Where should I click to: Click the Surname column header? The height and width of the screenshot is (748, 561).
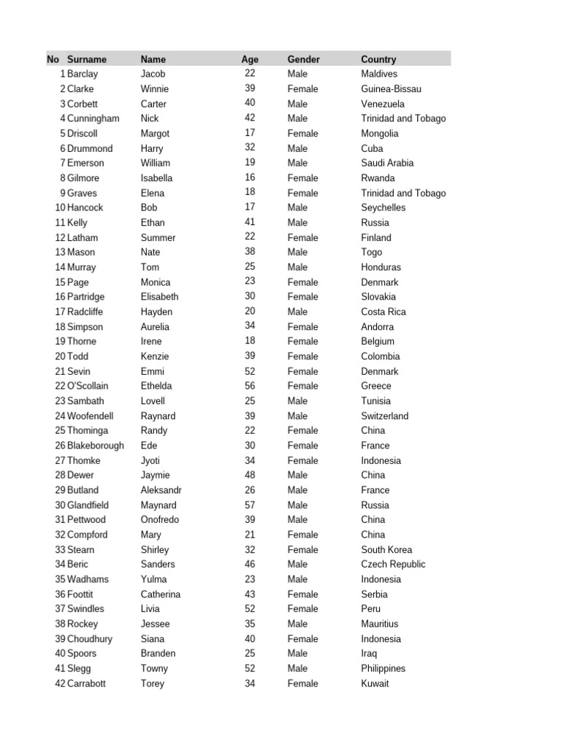[x=86, y=59]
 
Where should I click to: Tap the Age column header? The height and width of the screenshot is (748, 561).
[x=250, y=59]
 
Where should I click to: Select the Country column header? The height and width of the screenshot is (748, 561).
[x=378, y=59]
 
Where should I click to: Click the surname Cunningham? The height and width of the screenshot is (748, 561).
[x=93, y=118]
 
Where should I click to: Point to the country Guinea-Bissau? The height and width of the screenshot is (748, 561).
[x=391, y=89]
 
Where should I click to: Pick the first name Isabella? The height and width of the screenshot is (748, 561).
[x=156, y=178]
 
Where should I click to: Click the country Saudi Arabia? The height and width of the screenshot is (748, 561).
[x=387, y=163]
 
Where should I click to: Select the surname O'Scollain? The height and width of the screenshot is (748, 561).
[x=88, y=386]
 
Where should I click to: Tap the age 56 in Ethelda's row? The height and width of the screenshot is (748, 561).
[x=250, y=386]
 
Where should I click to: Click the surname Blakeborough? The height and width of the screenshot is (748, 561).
[x=95, y=446]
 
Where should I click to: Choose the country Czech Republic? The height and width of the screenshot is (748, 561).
[x=393, y=565]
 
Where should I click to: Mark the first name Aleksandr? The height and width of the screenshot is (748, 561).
[x=161, y=490]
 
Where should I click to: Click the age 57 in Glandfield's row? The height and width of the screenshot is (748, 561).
[x=250, y=505]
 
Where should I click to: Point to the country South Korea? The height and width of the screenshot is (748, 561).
[x=386, y=549]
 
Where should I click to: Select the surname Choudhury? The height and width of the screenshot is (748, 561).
[x=90, y=639]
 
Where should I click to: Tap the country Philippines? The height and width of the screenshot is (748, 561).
[x=383, y=668]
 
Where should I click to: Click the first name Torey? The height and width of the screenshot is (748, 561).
[x=153, y=684]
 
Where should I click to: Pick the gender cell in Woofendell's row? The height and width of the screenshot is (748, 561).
[x=297, y=416]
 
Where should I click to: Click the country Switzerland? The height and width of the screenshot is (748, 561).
[x=385, y=416]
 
